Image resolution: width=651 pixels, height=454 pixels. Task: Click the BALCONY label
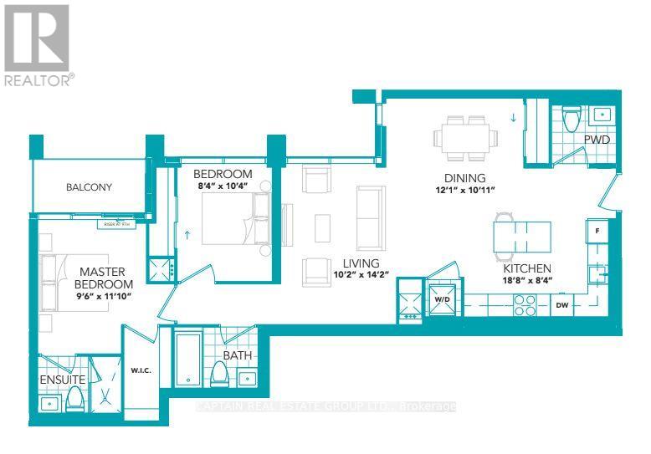pos(89,187)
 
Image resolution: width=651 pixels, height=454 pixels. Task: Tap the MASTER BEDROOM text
pos(102,278)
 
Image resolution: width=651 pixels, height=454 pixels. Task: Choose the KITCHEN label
pos(526,269)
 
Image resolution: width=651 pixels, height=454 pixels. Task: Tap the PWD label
pos(597,140)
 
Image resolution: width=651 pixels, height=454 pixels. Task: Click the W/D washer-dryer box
pos(442,298)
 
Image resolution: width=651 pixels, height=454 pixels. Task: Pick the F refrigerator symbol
pos(598,228)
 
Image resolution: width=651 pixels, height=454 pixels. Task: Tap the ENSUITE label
pos(63,380)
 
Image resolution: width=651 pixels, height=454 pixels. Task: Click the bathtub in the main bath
pos(187,360)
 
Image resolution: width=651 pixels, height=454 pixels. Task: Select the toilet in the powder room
pos(572,120)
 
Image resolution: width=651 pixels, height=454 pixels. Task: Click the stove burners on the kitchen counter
pos(524,306)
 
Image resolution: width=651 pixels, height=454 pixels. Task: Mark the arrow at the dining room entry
pos(513,118)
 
